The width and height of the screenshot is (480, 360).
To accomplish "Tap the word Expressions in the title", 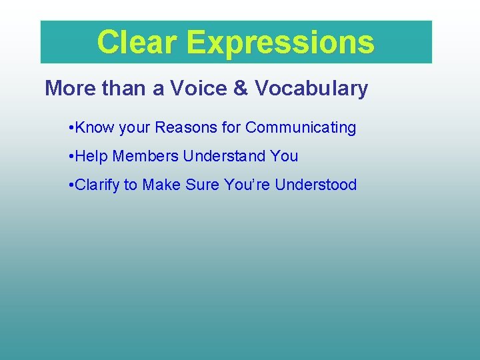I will [281, 43].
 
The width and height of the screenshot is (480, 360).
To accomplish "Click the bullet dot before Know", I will [71, 127].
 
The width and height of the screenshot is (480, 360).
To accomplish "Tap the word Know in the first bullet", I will [95, 127].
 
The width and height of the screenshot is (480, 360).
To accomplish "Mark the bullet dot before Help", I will [71, 156].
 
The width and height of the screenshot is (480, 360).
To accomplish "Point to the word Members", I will [145, 156].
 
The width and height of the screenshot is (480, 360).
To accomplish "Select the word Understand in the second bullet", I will [225, 156].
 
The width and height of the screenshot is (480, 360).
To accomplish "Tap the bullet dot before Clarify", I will [71, 185].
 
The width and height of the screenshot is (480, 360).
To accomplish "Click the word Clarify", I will [97, 185].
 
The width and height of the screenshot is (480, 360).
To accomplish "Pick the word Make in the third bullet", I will [160, 185].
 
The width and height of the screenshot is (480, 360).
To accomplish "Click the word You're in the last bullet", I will [247, 185].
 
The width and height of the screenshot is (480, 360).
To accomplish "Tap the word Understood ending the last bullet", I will [316, 185].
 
